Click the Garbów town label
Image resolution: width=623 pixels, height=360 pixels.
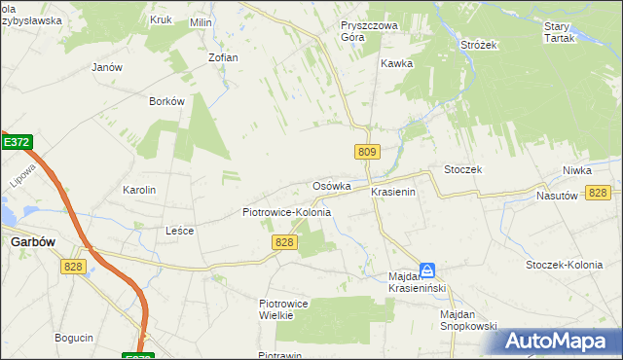[32, 242]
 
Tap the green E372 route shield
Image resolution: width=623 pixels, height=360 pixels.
[16, 142]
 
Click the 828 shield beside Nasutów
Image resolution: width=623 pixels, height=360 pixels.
[598, 193]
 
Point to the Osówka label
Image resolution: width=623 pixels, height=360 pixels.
[331, 186]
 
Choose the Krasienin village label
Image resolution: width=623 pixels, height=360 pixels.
[393, 193]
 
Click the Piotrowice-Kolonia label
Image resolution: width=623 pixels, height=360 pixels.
[286, 211]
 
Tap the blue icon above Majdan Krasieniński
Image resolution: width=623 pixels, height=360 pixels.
[427, 270]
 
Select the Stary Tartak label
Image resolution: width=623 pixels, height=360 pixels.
[557, 32]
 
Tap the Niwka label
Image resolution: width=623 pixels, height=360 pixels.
[576, 170]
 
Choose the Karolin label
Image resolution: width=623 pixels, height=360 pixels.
[139, 190]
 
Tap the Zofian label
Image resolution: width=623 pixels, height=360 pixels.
[223, 57]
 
